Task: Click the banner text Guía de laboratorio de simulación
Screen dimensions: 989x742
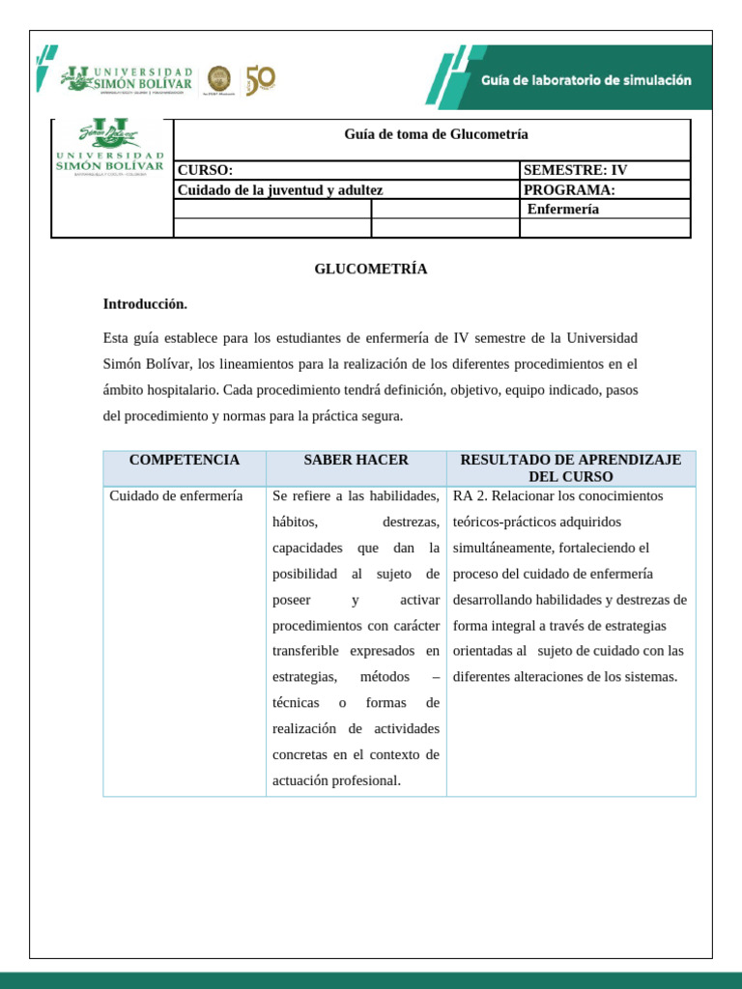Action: [x=586, y=81]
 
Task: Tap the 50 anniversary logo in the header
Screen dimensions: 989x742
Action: [x=260, y=80]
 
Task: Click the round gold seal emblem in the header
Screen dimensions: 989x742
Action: [x=219, y=79]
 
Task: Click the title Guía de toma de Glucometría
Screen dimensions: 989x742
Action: [x=436, y=134]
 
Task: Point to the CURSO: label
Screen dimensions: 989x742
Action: [x=205, y=170]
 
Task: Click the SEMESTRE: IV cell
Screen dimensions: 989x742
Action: [x=575, y=170]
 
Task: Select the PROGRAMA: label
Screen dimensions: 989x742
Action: [x=569, y=189]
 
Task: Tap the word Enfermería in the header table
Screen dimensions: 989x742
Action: [x=563, y=209]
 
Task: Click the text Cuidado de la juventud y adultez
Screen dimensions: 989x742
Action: [x=280, y=190]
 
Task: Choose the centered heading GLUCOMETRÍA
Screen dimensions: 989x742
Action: [x=370, y=268]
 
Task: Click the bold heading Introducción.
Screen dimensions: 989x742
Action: [x=145, y=303]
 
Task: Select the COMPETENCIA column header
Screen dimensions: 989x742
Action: [x=185, y=460]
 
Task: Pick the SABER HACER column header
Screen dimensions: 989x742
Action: [x=356, y=460]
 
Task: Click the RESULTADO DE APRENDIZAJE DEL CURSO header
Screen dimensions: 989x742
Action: [x=570, y=468]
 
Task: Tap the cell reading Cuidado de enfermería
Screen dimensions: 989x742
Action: [x=176, y=496]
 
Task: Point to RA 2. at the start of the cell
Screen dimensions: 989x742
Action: [x=470, y=496]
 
